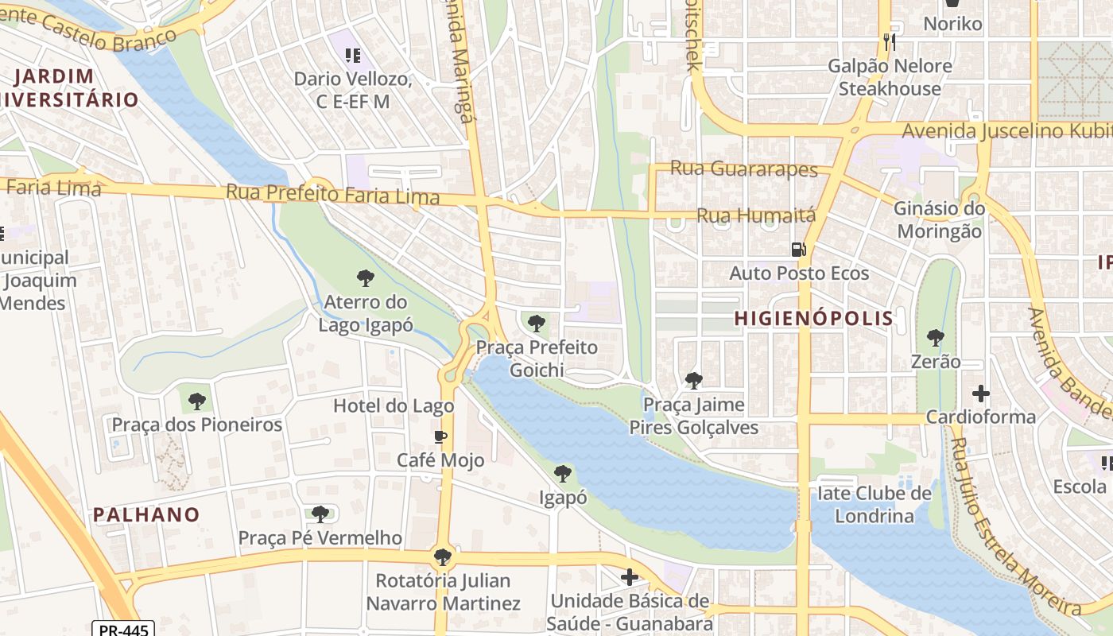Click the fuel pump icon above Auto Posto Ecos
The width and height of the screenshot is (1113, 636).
coord(798,250)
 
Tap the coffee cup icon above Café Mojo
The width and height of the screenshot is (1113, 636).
coord(440,436)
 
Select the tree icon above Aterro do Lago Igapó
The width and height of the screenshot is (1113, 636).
coord(366,278)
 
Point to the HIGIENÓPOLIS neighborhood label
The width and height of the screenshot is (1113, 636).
coord(813,318)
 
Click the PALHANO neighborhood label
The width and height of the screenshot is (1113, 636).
coord(146,514)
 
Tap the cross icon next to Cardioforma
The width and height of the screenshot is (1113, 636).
coord(981,394)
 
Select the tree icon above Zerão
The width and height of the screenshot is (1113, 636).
coord(936,338)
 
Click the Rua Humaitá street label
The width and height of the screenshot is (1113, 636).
coord(756,215)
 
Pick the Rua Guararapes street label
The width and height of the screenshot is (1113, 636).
coord(743,169)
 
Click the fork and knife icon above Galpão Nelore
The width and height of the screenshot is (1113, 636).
coord(890,42)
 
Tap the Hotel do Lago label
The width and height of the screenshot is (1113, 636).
coord(394,405)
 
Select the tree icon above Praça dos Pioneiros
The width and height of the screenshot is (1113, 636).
coord(197,401)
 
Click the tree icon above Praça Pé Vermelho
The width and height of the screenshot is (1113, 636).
coord(320,514)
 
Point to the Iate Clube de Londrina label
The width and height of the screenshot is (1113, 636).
coord(874,505)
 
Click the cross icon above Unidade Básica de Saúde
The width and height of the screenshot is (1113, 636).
coord(630,576)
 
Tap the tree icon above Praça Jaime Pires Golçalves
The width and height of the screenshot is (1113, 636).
coord(694,381)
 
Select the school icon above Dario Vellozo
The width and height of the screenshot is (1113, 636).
coord(353,56)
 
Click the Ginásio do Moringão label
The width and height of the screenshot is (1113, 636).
coord(939,220)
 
